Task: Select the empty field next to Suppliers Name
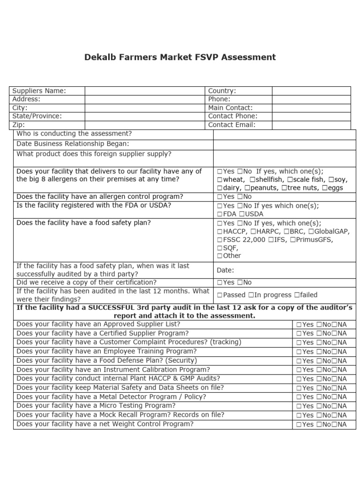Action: tap(145, 90)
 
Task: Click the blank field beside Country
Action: tap(311, 90)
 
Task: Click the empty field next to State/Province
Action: tap(145, 116)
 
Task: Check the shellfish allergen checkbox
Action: tap(253, 180)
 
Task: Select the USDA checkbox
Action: tap(241, 214)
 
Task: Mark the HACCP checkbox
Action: tap(219, 232)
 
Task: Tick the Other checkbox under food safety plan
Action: tap(219, 256)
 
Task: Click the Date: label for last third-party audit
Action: tap(225, 270)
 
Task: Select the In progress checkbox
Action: tap(251, 295)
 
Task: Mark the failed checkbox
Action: tap(296, 295)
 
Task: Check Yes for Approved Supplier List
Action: tap(299, 324)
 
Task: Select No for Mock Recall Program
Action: tap(319, 415)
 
